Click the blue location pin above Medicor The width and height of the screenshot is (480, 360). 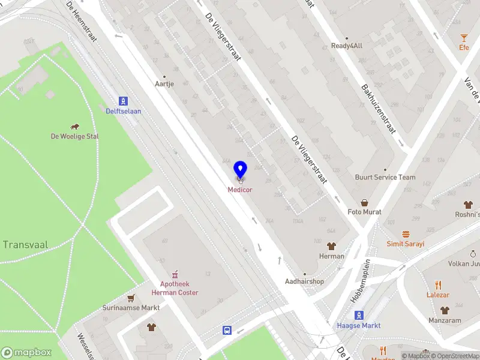click(240, 170)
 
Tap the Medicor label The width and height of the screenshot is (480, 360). click(240, 190)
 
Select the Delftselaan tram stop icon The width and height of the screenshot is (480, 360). click(123, 101)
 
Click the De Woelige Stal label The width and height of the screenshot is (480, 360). click(75, 136)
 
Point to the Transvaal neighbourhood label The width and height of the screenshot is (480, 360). click(25, 244)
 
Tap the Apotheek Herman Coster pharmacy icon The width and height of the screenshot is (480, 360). click(175, 272)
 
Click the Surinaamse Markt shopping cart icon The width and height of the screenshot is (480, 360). click(131, 298)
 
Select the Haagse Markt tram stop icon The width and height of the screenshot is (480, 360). click(359, 315)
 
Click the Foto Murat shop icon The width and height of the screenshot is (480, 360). click(364, 203)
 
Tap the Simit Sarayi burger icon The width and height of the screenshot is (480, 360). click(406, 235)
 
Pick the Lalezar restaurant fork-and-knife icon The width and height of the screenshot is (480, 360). click(438, 285)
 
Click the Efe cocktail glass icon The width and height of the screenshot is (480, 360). click(464, 38)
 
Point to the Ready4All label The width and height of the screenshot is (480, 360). click(347, 46)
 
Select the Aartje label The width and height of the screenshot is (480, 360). click(164, 84)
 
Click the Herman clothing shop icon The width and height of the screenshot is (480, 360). click(331, 246)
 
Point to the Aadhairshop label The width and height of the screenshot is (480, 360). click(304, 281)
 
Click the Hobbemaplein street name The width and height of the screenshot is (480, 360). click(360, 280)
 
